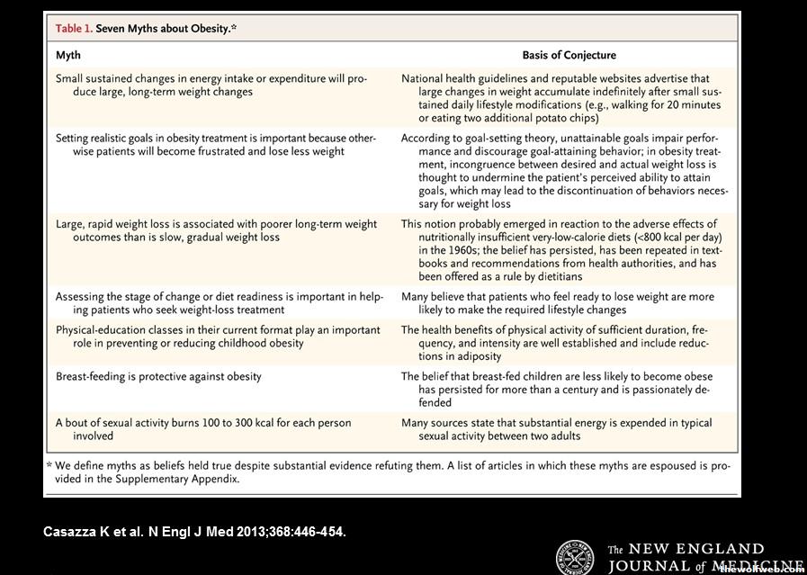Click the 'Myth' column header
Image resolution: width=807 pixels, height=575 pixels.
click(68, 55)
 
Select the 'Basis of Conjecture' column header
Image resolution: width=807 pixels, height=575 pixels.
click(569, 55)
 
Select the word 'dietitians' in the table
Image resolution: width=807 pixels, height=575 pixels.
click(553, 276)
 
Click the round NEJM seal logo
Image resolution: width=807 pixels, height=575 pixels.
click(575, 557)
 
